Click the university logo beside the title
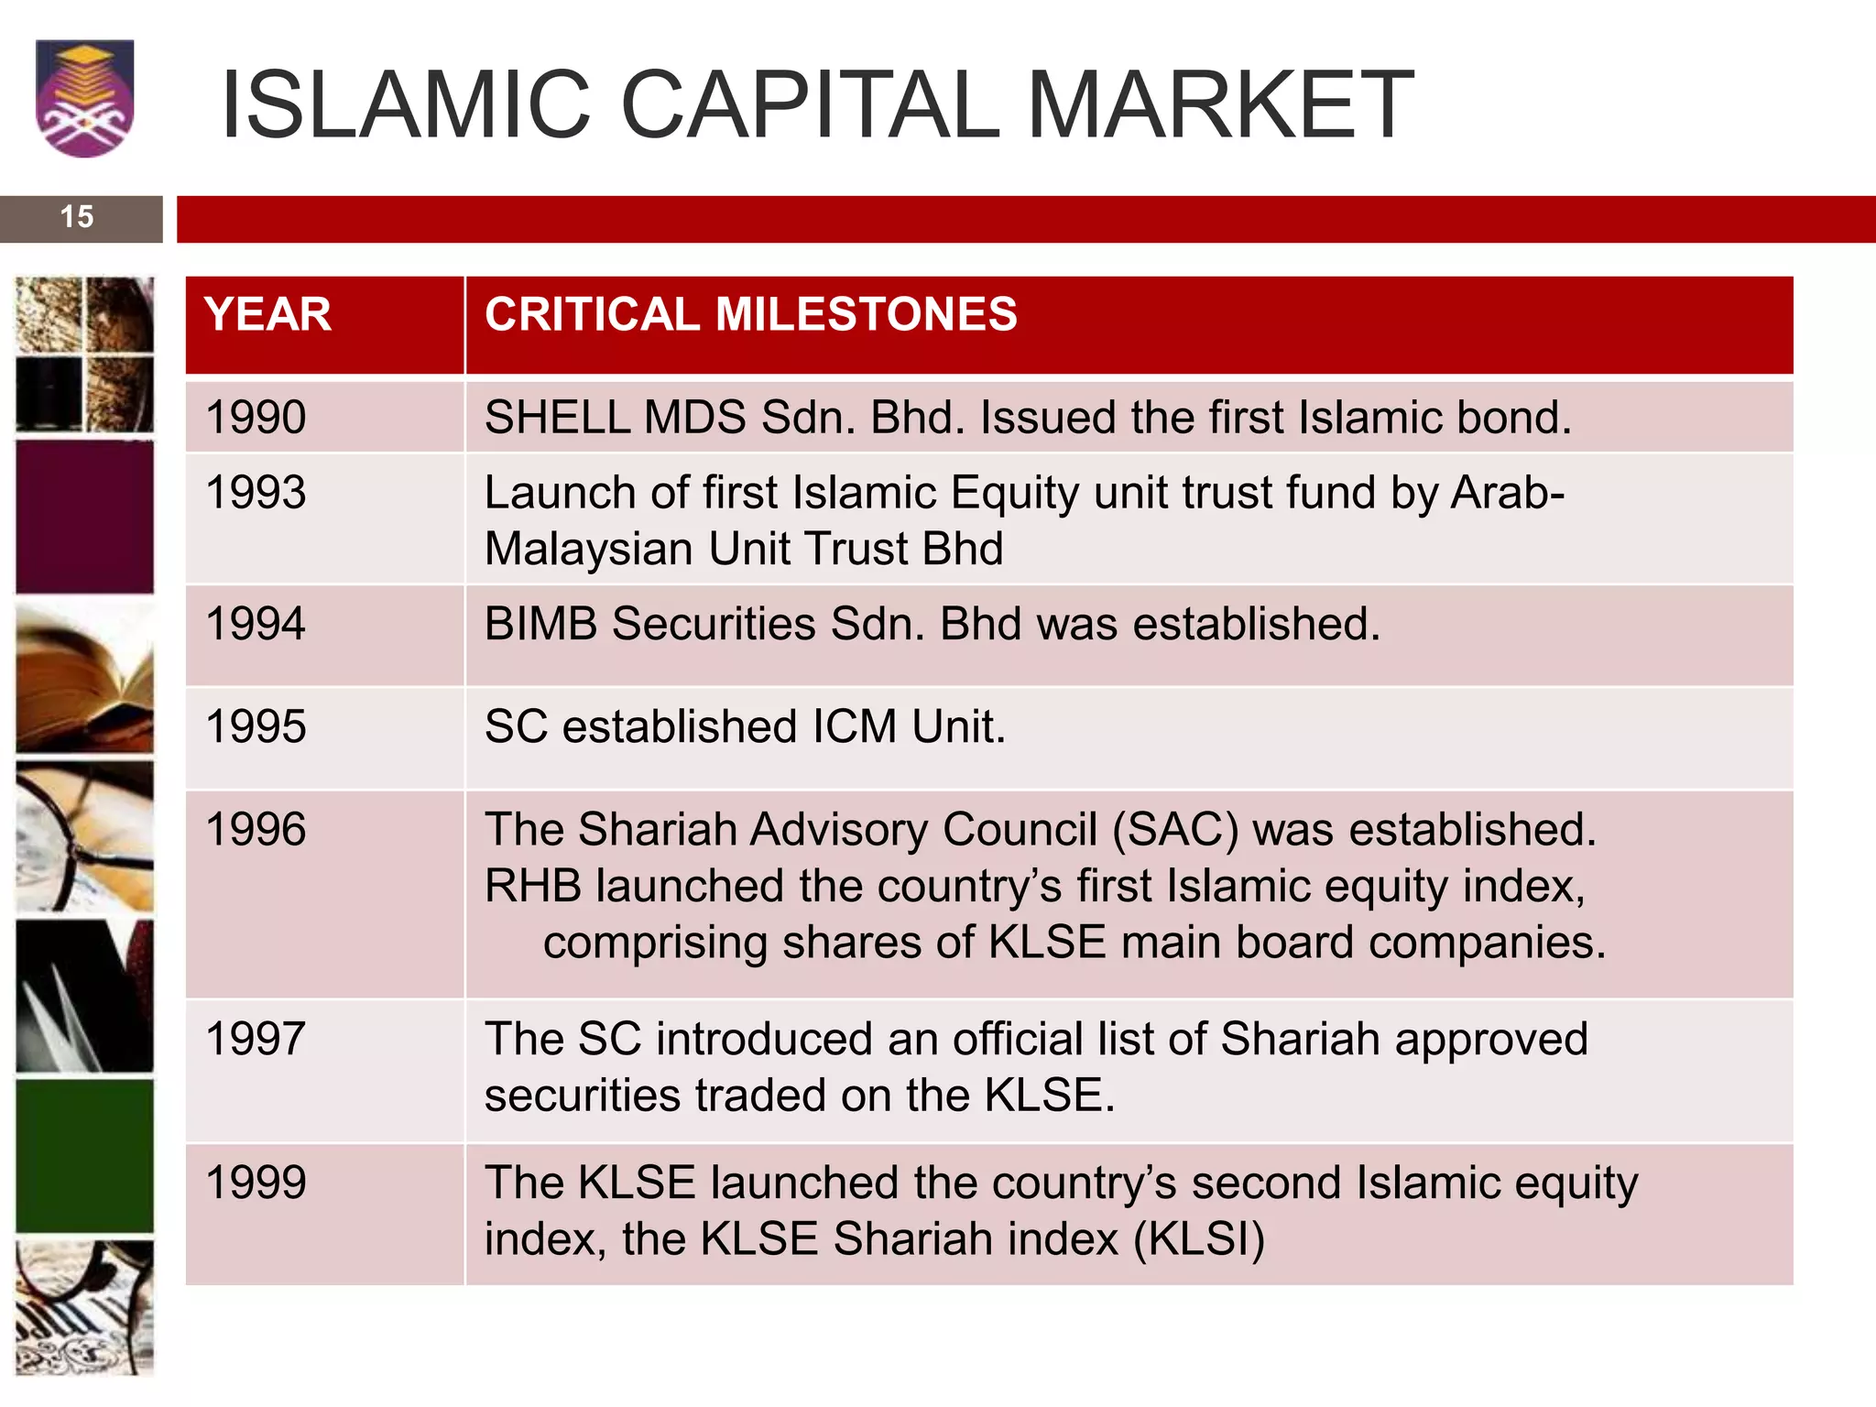(84, 98)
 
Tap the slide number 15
(77, 217)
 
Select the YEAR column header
(267, 314)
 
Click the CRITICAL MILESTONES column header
(750, 314)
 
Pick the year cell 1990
(256, 417)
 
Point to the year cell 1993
(256, 492)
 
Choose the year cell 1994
(256, 624)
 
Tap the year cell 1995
(256, 726)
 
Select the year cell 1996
(256, 829)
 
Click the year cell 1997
(256, 1039)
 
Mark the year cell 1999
(256, 1182)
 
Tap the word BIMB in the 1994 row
(540, 624)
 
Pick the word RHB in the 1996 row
(532, 887)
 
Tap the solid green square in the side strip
(84, 1156)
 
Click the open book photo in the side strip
(84, 678)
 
